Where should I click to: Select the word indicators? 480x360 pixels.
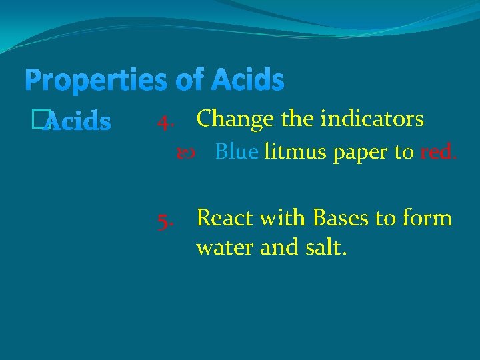pyautogui.click(x=372, y=119)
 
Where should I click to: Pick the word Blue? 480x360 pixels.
pyautogui.click(x=237, y=153)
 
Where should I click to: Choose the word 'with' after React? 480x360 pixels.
pyautogui.click(x=285, y=218)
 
